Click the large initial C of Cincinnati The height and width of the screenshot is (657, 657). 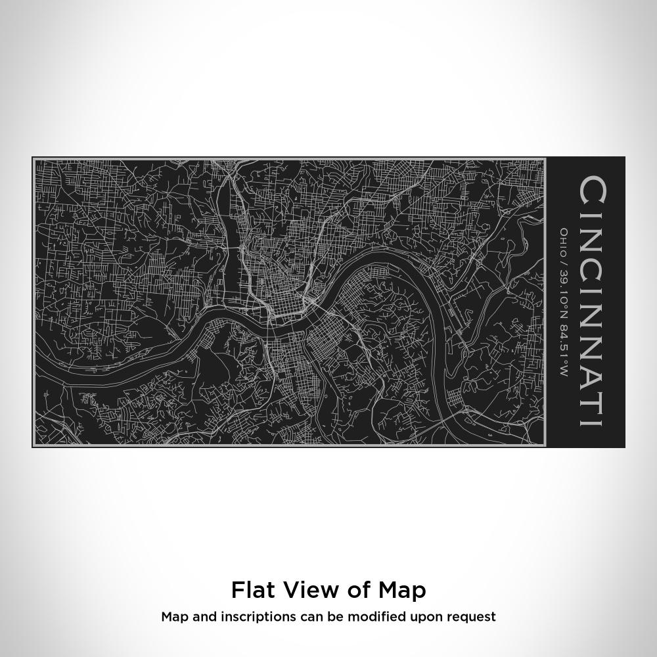pyautogui.click(x=591, y=191)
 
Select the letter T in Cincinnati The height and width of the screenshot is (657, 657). pyautogui.click(x=591, y=397)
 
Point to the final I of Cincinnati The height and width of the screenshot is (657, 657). pyautogui.click(x=591, y=419)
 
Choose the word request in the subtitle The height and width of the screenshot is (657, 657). pyautogui.click(x=472, y=617)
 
